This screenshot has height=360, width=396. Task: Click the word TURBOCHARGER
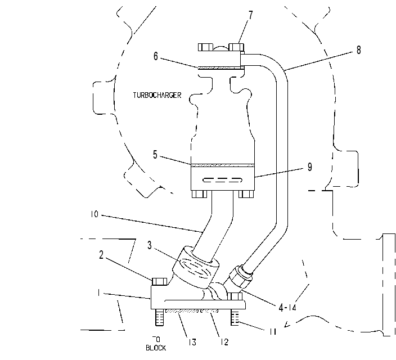(x=157, y=95)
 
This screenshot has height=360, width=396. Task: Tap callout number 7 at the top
(x=250, y=15)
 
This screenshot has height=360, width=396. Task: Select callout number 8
(x=359, y=50)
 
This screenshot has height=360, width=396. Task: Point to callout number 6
(x=156, y=56)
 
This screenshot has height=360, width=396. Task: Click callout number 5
(x=155, y=155)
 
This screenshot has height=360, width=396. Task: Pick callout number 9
(x=309, y=166)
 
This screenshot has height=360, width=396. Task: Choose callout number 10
(x=94, y=214)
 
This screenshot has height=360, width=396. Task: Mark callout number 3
(x=150, y=245)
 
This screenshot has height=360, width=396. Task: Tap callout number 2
(x=101, y=255)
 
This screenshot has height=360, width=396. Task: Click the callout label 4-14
(x=287, y=308)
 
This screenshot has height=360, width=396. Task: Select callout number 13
(x=192, y=343)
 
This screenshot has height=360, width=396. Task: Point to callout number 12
(x=224, y=342)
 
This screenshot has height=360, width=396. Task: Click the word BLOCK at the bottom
(x=156, y=348)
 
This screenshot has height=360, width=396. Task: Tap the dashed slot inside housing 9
(x=223, y=180)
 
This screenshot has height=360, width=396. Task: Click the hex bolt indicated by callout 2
(x=159, y=281)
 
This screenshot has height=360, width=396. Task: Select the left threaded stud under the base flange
(x=160, y=317)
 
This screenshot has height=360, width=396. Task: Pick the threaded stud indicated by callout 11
(x=235, y=317)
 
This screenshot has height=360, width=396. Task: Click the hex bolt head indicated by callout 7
(x=236, y=47)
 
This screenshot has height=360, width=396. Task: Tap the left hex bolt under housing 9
(x=199, y=194)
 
